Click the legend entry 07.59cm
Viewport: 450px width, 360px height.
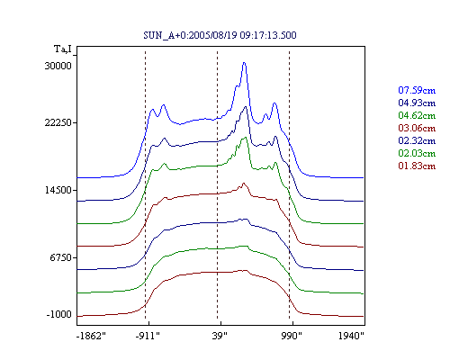417,90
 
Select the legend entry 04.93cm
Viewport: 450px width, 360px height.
417,103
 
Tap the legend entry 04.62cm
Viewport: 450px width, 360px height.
417,115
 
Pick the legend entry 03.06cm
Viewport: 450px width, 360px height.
417,128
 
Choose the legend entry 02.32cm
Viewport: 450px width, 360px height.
417,140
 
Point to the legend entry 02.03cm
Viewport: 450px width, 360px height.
417,153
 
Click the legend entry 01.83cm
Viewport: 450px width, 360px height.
417,166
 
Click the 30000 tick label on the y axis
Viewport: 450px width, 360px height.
58,66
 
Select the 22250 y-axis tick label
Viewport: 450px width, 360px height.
58,122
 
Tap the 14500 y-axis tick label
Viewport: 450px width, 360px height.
58,190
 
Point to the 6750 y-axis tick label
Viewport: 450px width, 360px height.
61,257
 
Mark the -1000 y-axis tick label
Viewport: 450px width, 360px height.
59,315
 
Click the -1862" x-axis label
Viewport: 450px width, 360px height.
91,336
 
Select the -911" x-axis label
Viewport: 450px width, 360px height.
148,336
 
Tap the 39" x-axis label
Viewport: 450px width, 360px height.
220,336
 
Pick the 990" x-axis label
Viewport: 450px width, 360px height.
292,336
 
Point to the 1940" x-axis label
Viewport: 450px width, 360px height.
351,336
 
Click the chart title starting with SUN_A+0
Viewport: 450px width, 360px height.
220,35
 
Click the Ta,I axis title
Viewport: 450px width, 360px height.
63,49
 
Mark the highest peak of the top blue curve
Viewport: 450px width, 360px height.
244,63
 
